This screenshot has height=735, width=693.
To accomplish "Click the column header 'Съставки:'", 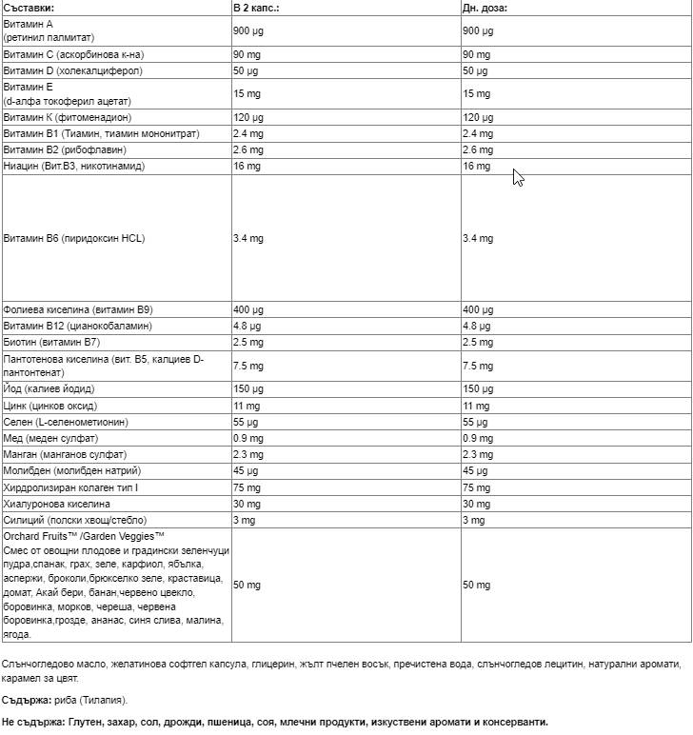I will coord(30,7).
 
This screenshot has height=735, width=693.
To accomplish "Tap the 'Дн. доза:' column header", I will coord(485,7).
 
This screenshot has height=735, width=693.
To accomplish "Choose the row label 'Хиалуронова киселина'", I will coord(57,503).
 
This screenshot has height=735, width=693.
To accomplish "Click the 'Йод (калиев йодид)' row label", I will coord(49,389).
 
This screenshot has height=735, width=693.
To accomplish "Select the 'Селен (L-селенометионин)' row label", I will coord(66,422).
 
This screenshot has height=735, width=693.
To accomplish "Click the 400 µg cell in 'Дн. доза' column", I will coord(476,309).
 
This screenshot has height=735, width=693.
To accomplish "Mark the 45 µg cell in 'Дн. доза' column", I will coord(473,470).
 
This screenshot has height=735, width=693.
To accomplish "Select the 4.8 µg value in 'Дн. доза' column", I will coord(476,326).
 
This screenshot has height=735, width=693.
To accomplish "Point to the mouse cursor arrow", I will coord(517,177).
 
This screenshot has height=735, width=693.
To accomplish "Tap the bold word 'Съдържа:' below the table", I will coord(25,700).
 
